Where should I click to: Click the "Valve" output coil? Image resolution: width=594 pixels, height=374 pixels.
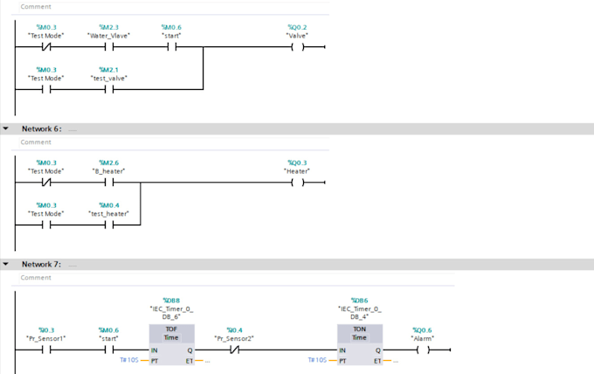[x=298, y=48]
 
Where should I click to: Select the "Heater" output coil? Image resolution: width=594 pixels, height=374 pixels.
[x=297, y=183]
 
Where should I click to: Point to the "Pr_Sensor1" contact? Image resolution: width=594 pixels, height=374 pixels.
[x=45, y=350]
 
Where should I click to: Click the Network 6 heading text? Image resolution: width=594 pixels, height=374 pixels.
[x=41, y=128]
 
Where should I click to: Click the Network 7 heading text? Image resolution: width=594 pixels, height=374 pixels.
[x=41, y=264]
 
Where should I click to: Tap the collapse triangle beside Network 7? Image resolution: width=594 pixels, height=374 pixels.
[x=6, y=264]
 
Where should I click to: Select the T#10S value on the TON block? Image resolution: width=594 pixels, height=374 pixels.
[x=317, y=360]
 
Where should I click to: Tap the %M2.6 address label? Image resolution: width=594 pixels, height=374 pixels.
[x=108, y=162]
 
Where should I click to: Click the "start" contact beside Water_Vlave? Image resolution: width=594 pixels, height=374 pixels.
[x=170, y=48]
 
